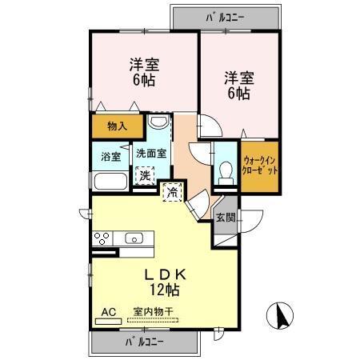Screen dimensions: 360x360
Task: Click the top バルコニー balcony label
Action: (225, 15)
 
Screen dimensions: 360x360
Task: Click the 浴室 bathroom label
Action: (111, 156)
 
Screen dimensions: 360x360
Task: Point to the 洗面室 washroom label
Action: (150, 154)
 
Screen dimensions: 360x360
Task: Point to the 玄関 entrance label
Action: (226, 217)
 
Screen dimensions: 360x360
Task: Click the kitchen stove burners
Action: (103, 238)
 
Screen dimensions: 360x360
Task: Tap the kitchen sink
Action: (134, 238)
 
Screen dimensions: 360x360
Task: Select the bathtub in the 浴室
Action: (108, 180)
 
